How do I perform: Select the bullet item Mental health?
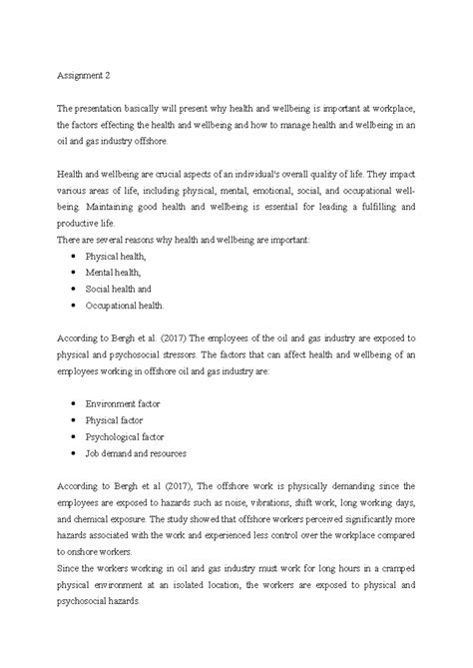114,272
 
